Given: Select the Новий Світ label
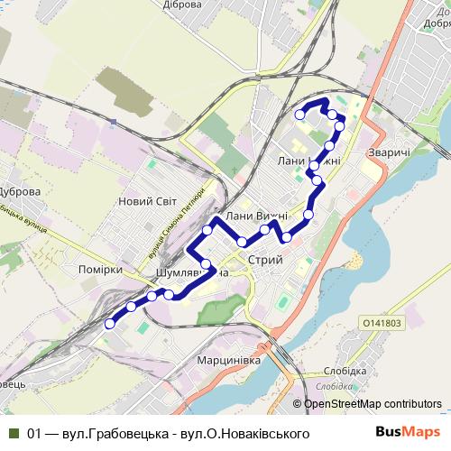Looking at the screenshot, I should (x=148, y=201).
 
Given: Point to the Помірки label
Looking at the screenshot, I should (x=100, y=270).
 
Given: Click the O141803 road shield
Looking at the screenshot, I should (x=382, y=321).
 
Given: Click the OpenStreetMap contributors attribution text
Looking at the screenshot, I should (x=373, y=404).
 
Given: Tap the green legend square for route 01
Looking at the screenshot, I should (x=14, y=434).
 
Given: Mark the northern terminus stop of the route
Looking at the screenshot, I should (x=299, y=115).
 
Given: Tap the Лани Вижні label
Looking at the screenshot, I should (x=256, y=216).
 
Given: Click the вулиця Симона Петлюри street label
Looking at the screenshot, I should (x=177, y=216).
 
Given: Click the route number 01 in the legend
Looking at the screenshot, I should (x=35, y=434).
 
